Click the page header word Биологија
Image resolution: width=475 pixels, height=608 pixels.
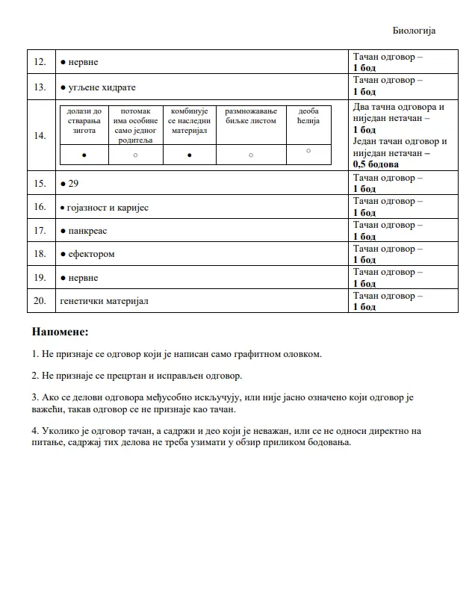414,31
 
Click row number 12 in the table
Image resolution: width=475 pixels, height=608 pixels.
40,62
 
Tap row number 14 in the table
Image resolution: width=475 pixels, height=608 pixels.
40,135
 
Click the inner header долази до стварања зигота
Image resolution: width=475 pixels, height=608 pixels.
84,120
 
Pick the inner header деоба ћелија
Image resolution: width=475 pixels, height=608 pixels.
308,116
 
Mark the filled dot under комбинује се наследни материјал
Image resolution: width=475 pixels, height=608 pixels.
189,155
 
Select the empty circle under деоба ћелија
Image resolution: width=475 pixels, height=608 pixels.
308,151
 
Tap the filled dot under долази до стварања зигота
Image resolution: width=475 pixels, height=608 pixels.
84,155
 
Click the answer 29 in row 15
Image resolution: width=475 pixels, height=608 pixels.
73,183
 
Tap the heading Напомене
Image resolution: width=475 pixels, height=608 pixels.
60,331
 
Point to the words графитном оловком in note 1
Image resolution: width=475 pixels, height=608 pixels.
281,353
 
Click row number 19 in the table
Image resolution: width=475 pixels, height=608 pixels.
40,278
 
